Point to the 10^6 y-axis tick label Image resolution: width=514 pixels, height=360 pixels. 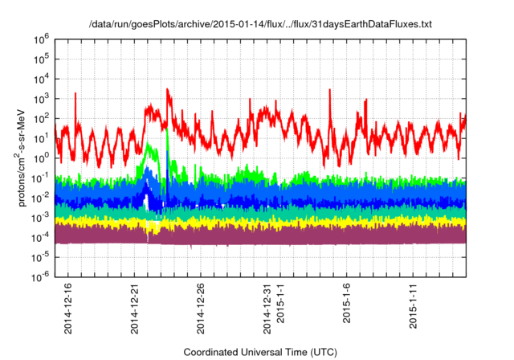tap(43, 38)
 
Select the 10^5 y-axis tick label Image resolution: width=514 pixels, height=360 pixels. tap(43, 58)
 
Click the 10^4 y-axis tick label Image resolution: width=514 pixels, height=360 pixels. tap(43, 78)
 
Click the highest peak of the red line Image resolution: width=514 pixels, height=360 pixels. tap(167, 89)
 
